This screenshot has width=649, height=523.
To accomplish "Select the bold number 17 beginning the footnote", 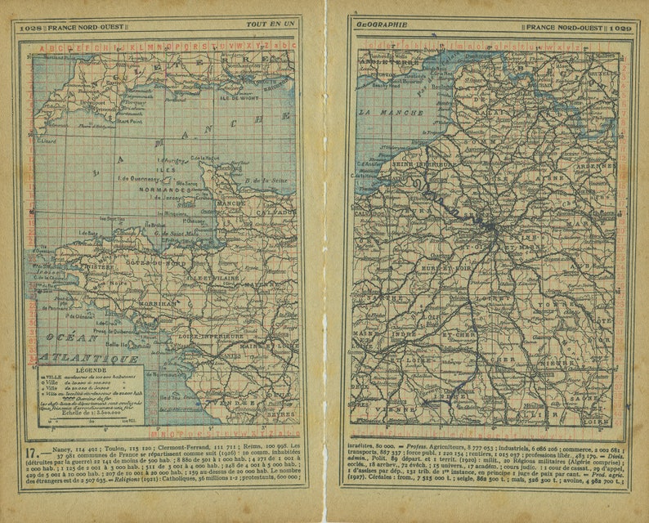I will pyautogui.click(x=31, y=452).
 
